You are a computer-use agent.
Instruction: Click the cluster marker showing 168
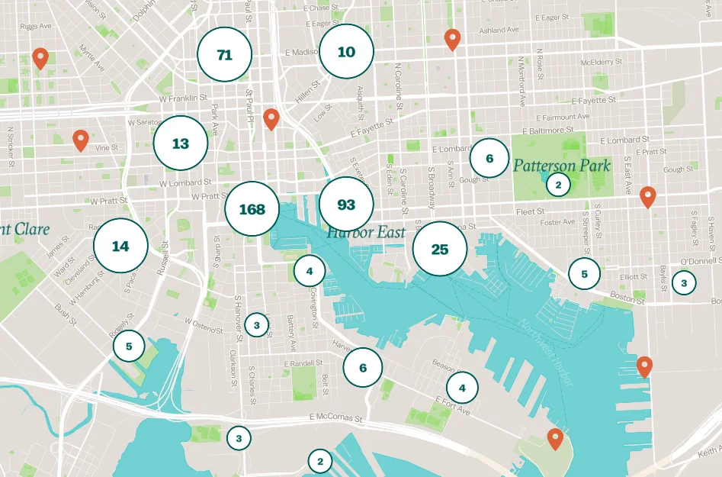tap(252, 209)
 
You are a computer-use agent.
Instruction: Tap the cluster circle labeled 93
tap(346, 205)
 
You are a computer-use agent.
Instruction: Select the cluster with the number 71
tap(224, 55)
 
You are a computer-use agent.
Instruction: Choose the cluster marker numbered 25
tap(440, 249)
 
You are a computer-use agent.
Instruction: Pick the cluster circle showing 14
tap(120, 246)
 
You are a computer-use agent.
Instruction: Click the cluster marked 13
tap(181, 143)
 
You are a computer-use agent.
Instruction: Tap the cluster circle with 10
tap(346, 52)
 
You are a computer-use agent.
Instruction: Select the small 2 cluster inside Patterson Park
tap(558, 185)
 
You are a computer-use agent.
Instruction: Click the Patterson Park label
tap(562, 165)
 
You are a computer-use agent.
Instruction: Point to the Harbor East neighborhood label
tap(365, 233)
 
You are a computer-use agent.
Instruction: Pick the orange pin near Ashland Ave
tap(452, 39)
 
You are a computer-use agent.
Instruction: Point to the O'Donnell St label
tap(700, 261)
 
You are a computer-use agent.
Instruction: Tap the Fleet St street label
tap(530, 211)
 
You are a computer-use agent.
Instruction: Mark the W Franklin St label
tap(183, 98)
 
